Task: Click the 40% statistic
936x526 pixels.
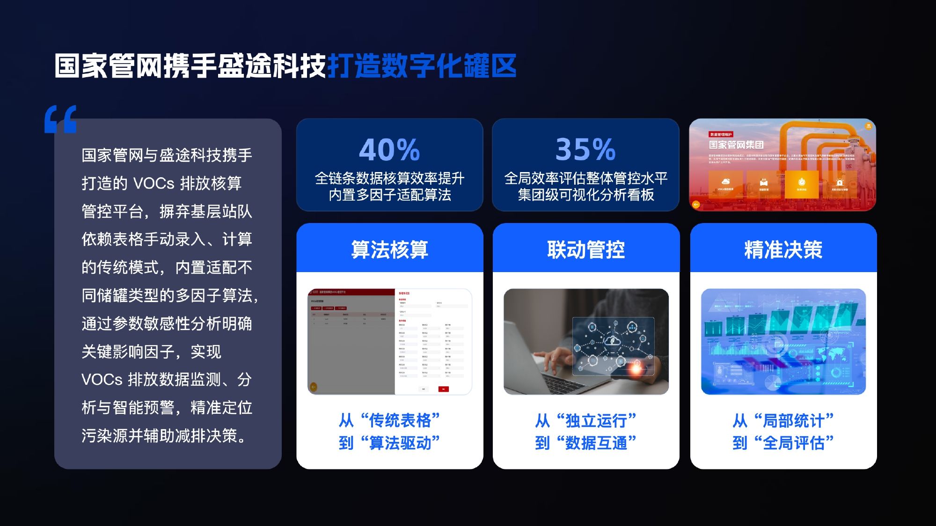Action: tap(389, 150)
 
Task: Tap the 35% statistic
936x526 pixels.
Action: tap(585, 150)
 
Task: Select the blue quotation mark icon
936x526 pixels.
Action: tap(60, 120)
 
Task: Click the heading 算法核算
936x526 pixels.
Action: tap(389, 250)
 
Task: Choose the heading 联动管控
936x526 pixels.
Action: tap(586, 250)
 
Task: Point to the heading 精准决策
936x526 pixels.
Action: tap(783, 250)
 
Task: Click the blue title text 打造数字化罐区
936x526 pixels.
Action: tap(422, 66)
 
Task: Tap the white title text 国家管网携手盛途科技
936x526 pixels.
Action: tap(190, 66)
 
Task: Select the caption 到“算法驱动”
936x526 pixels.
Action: tap(389, 442)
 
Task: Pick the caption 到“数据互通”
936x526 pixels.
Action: tap(585, 442)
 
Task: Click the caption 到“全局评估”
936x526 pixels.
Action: tap(783, 442)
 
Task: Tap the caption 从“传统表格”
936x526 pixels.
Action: tap(389, 420)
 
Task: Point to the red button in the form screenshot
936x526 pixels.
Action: tap(443, 389)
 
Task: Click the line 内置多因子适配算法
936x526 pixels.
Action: tap(389, 195)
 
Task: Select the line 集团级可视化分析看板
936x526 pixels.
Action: tap(585, 195)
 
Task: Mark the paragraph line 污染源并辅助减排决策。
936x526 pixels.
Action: tap(164, 436)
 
